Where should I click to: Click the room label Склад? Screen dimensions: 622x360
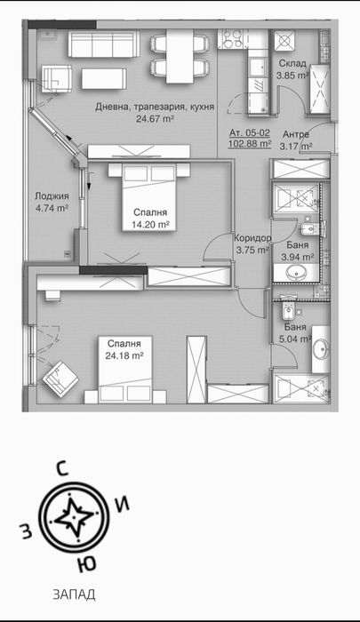point(292,65)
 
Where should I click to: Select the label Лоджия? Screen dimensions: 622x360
point(52,198)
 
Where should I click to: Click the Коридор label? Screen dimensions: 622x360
point(252,238)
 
